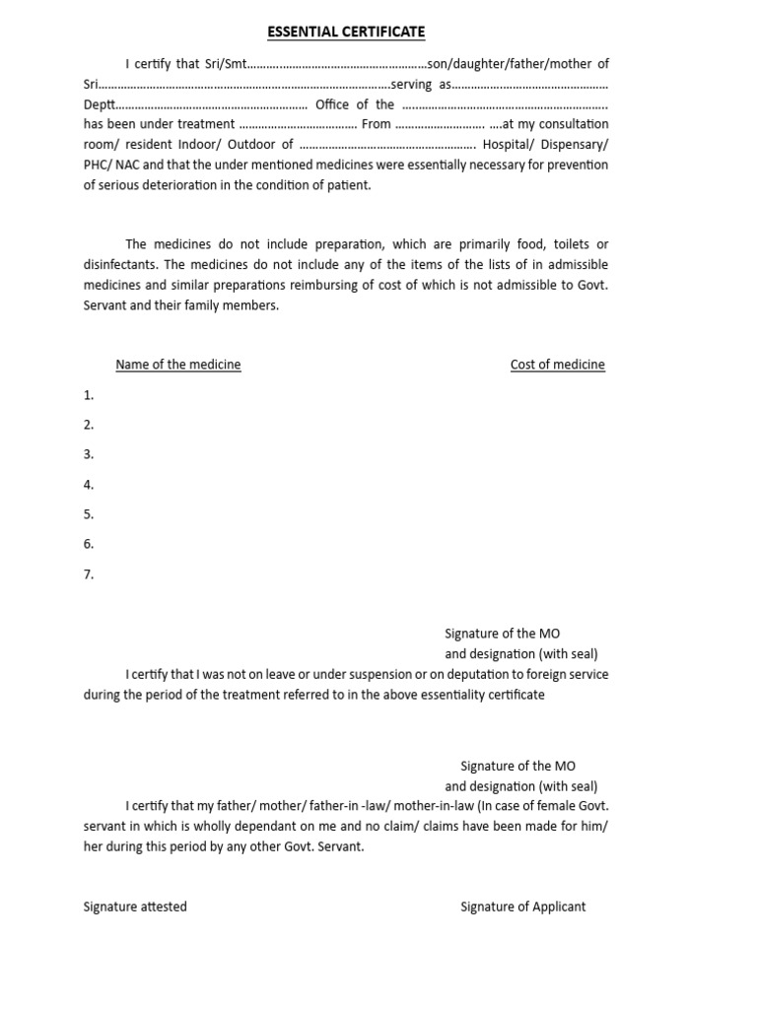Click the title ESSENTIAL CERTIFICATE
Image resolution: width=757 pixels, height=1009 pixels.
pyautogui.click(x=346, y=32)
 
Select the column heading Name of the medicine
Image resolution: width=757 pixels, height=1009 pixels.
pyautogui.click(x=177, y=365)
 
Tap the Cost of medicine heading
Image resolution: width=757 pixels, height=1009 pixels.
pyautogui.click(x=557, y=365)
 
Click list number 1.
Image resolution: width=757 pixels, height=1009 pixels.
pyautogui.click(x=89, y=395)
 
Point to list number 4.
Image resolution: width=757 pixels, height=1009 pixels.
pyautogui.click(x=89, y=485)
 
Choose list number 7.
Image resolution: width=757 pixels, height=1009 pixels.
pyautogui.click(x=89, y=574)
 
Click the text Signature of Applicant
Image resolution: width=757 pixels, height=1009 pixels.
pyautogui.click(x=522, y=907)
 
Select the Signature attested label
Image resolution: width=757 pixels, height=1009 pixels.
pyautogui.click(x=135, y=907)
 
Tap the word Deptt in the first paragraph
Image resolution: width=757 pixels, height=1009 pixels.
pyautogui.click(x=99, y=104)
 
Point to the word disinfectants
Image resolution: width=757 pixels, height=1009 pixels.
pyautogui.click(x=121, y=264)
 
